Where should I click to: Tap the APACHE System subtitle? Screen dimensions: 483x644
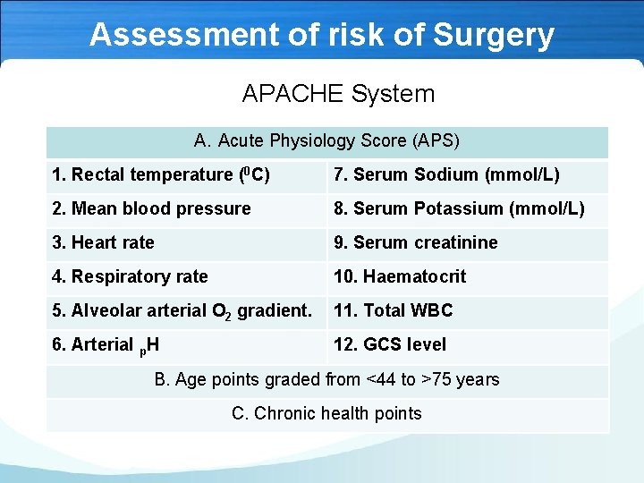tap(338, 94)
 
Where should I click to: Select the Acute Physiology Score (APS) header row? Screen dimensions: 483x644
tap(326, 141)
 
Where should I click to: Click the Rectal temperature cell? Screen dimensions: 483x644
tap(161, 175)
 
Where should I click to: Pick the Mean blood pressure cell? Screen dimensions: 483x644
tap(151, 209)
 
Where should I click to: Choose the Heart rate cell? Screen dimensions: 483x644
tap(103, 243)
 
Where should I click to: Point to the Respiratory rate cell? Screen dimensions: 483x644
tap(130, 277)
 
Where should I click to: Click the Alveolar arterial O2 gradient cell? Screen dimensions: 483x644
tap(182, 311)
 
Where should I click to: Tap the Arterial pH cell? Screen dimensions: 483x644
tap(106, 345)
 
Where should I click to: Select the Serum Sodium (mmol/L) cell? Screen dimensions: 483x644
tap(446, 175)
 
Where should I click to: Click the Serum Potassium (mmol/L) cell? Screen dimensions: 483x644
tap(459, 209)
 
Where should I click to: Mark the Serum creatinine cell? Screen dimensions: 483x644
tap(416, 243)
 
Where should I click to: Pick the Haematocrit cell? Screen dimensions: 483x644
tap(400, 277)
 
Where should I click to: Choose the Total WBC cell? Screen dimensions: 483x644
tap(394, 311)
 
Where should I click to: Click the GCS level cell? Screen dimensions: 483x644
tap(389, 345)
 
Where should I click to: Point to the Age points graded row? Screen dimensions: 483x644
tap(326, 380)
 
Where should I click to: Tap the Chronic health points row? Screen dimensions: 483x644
tap(326, 413)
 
